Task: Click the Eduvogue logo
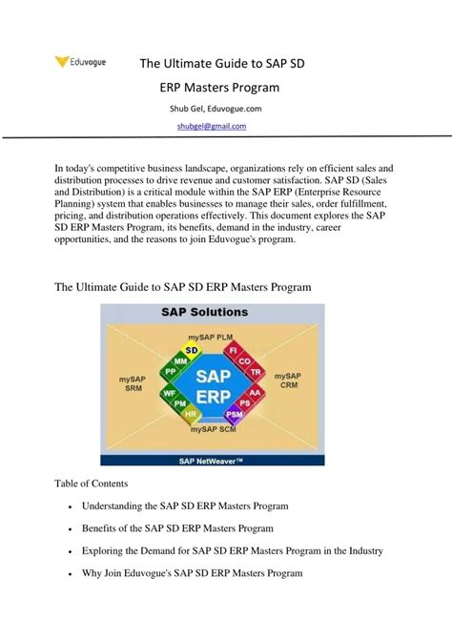click(80, 63)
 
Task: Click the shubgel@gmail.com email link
click(212, 126)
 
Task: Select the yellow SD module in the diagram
click(193, 350)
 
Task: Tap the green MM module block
click(181, 362)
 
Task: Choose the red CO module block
click(245, 362)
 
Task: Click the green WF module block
click(170, 391)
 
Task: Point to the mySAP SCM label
click(212, 430)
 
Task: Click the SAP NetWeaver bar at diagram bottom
click(212, 460)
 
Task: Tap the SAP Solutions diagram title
click(212, 312)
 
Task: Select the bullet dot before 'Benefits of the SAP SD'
click(72, 529)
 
